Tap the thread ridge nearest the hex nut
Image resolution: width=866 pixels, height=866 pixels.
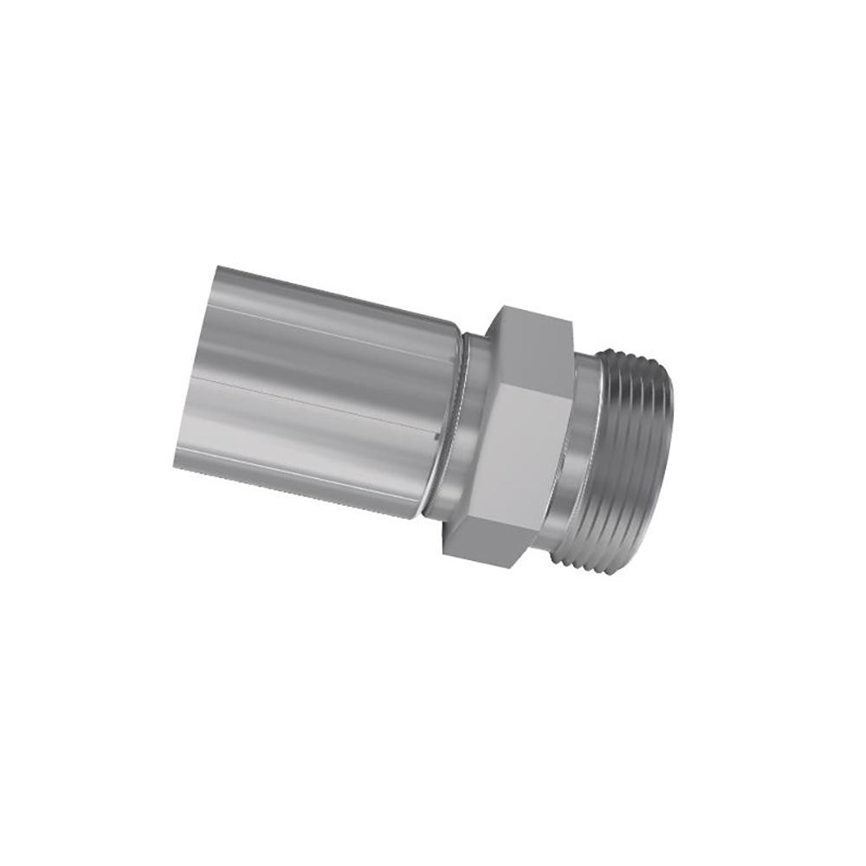598,450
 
